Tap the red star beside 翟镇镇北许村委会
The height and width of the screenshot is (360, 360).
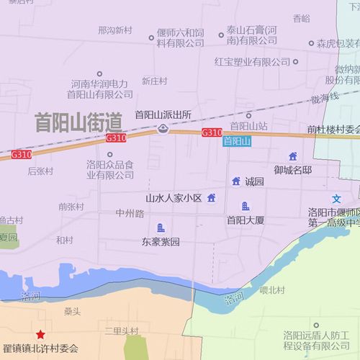point(41,336)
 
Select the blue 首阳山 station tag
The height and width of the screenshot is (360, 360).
point(236,142)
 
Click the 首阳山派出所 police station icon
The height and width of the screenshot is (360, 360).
point(163,129)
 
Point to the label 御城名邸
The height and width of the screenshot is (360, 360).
point(292,170)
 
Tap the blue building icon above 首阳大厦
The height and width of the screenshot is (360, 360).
point(246,207)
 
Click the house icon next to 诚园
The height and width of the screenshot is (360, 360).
point(235,181)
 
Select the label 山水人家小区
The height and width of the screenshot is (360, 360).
point(174,198)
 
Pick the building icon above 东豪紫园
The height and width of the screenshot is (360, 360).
point(161,228)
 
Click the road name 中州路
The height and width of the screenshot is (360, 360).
point(130,213)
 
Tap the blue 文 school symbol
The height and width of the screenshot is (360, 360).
point(336,198)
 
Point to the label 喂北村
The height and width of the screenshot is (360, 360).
point(273,290)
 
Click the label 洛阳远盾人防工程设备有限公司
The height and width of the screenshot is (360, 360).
point(316,340)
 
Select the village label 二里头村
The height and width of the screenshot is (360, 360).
point(121,330)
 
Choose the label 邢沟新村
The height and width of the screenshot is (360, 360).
point(115,30)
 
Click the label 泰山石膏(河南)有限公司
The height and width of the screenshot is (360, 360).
point(252,35)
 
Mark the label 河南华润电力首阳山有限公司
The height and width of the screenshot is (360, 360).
point(99,89)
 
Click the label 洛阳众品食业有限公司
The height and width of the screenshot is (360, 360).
point(110,170)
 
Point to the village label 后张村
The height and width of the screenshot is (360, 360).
point(40,171)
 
